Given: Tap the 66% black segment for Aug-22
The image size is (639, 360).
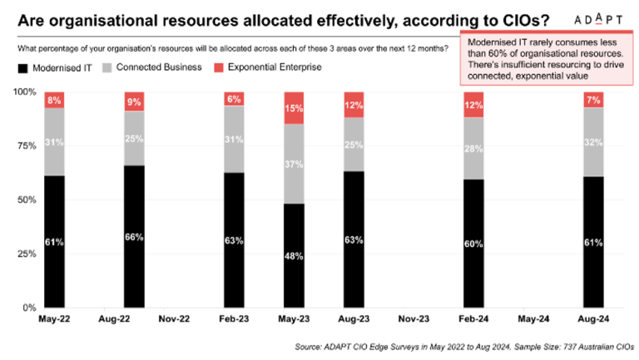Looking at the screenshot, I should [x=133, y=237].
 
